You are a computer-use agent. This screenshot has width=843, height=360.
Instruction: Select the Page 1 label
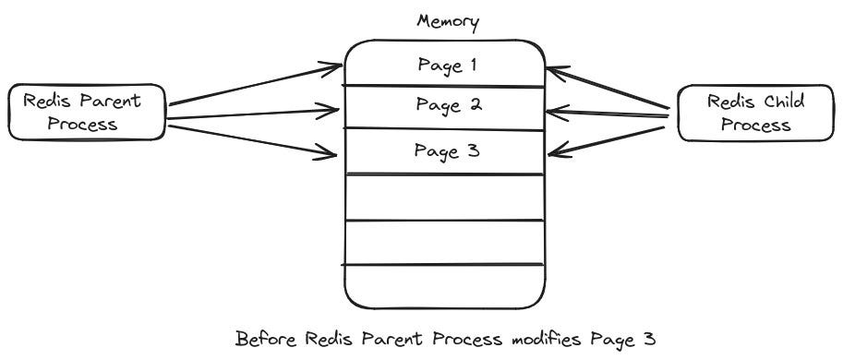coord(446,65)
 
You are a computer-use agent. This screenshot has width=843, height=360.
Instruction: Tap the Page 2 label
coord(446,105)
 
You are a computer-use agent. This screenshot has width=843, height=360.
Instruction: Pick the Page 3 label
coord(446,150)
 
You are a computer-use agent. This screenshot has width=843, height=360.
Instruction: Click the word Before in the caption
coord(267,339)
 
